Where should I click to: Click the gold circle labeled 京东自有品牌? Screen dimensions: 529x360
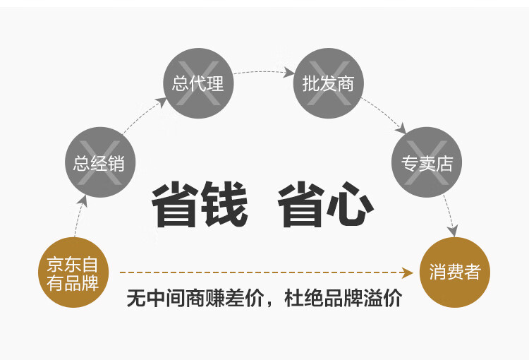pyautogui.click(x=73, y=272)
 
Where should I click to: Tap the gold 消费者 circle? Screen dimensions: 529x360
pyautogui.click(x=455, y=272)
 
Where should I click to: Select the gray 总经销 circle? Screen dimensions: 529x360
pyautogui.click(x=100, y=162)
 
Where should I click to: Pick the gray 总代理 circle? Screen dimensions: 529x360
pyautogui.click(x=198, y=83)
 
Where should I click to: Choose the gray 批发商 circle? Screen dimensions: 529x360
pyautogui.click(x=328, y=83)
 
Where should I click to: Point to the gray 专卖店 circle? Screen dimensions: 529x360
pyautogui.click(x=427, y=162)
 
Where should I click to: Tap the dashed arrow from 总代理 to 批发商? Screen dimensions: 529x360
pyautogui.click(x=263, y=71)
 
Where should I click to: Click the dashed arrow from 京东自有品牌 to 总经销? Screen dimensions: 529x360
pyautogui.click(x=79, y=216)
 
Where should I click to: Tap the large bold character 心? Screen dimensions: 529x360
pyautogui.click(x=350, y=204)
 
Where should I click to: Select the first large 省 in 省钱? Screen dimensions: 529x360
pyautogui.click(x=175, y=204)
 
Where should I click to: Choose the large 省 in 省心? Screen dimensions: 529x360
pyautogui.click(x=301, y=204)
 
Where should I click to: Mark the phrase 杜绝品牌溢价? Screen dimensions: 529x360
pyautogui.click(x=343, y=298)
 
